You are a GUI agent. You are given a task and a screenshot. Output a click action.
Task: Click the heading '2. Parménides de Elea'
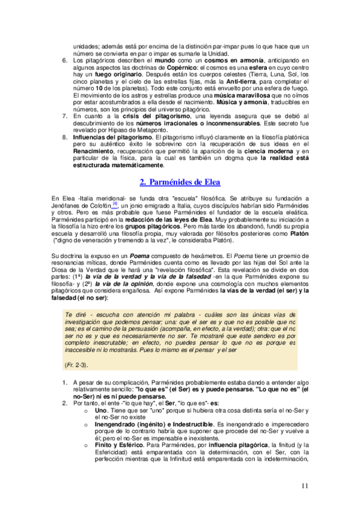pos(180,182)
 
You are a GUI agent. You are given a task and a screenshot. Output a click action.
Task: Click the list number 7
pos(66,115)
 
